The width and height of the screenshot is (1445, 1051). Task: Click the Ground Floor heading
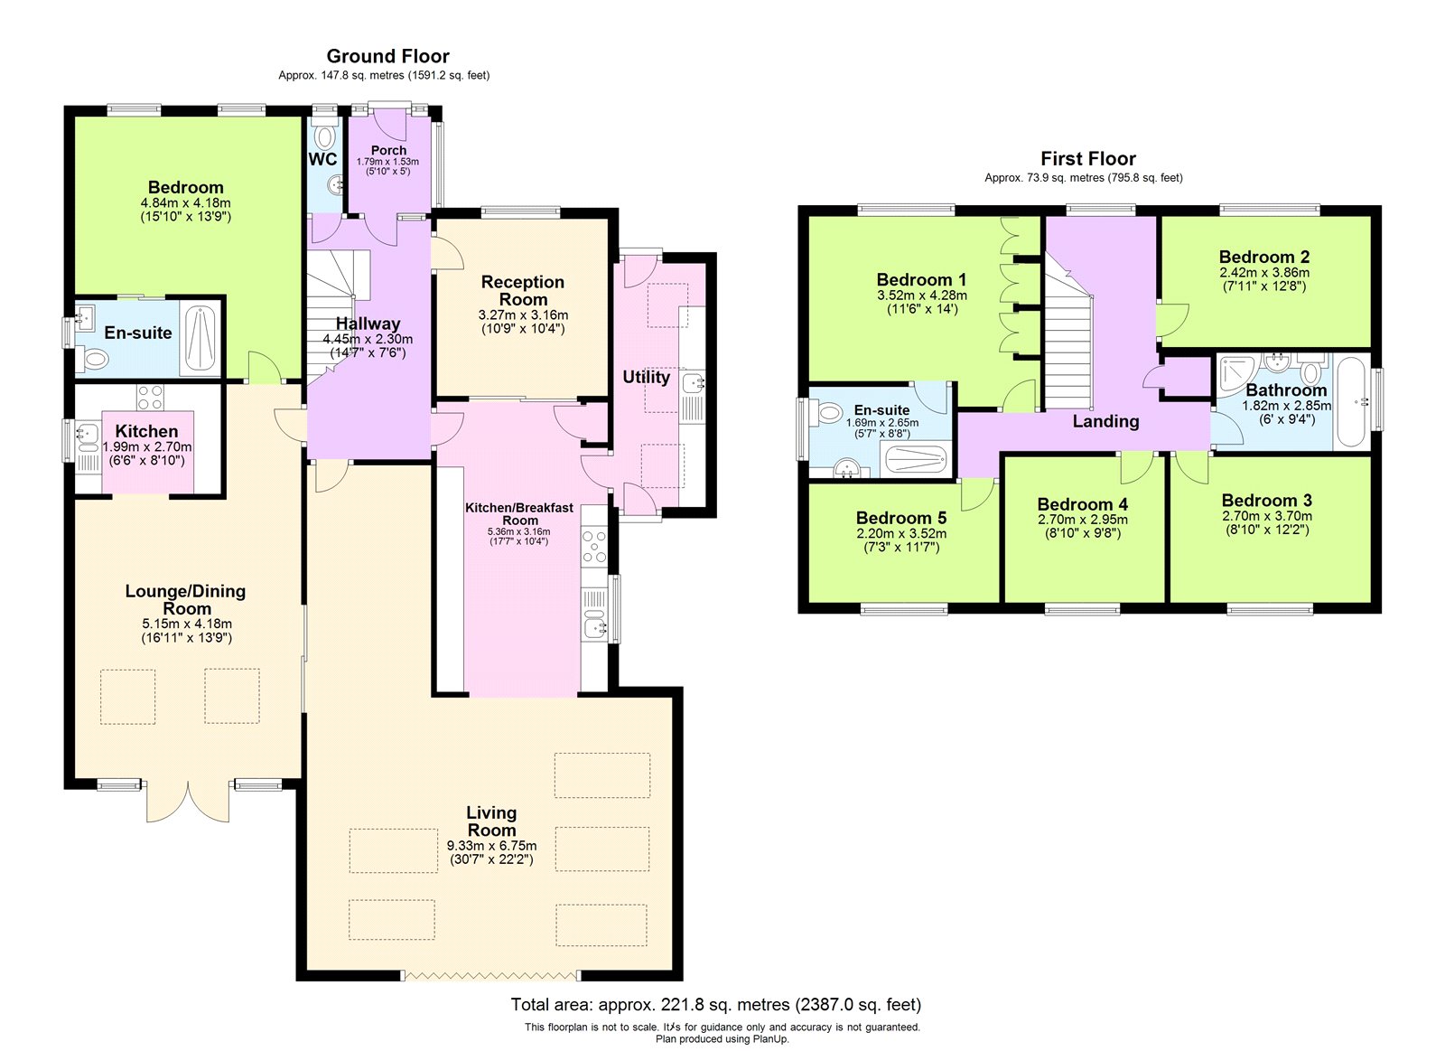387,56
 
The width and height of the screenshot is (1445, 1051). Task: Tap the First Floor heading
1088,159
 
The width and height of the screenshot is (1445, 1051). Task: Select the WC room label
322,159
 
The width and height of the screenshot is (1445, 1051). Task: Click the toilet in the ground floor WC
325,136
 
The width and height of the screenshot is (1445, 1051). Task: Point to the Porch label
388,150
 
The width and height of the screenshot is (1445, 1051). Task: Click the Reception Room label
523,290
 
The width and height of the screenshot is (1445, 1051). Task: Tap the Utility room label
646,377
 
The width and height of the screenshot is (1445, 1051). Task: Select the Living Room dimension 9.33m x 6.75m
491,846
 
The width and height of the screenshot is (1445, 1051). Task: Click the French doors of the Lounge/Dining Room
188,802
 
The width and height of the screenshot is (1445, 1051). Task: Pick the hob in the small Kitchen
150,397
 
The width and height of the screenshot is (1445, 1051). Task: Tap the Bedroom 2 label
1264,257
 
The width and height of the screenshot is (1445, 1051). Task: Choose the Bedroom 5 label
901,518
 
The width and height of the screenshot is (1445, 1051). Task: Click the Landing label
1105,421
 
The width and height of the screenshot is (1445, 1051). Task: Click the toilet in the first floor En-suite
825,413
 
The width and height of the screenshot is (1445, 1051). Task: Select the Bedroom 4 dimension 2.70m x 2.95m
1083,520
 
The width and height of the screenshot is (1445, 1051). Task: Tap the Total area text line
716,1005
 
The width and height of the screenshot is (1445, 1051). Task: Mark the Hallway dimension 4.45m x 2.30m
368,339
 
